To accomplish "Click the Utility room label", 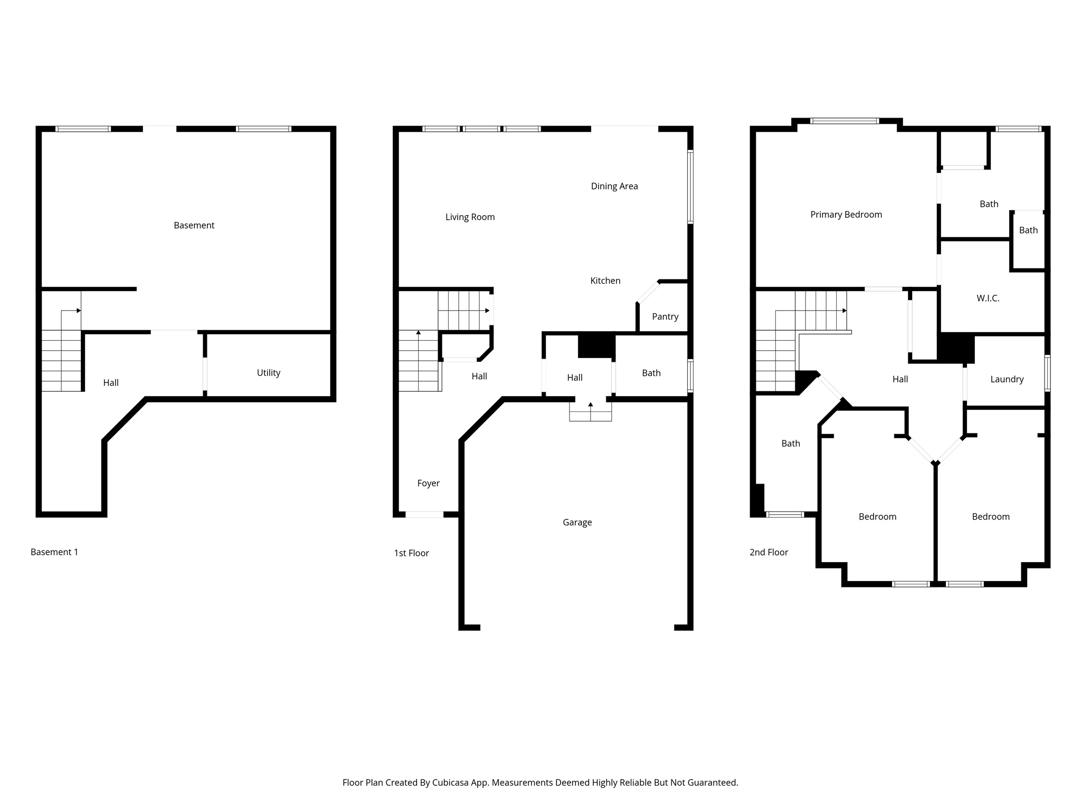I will [268, 373].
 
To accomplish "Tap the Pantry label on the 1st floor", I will [665, 316].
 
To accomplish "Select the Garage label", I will [577, 522].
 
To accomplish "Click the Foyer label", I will [428, 483].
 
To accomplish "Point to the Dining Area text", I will [614, 186].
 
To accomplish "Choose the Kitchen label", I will [605, 281].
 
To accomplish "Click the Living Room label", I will [470, 217].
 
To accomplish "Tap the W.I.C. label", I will [988, 298].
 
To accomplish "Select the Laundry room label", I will [1007, 379].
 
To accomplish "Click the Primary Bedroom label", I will [846, 215].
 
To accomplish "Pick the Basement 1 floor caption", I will [54, 552].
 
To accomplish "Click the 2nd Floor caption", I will [769, 552].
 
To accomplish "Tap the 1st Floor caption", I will [411, 553].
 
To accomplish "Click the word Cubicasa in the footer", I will [451, 783].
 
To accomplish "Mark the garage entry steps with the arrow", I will [590, 411].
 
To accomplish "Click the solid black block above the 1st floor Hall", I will [596, 345].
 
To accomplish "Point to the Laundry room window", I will [1048, 373].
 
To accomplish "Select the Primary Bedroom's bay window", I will [845, 121].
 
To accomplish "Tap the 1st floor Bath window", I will [690, 375].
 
